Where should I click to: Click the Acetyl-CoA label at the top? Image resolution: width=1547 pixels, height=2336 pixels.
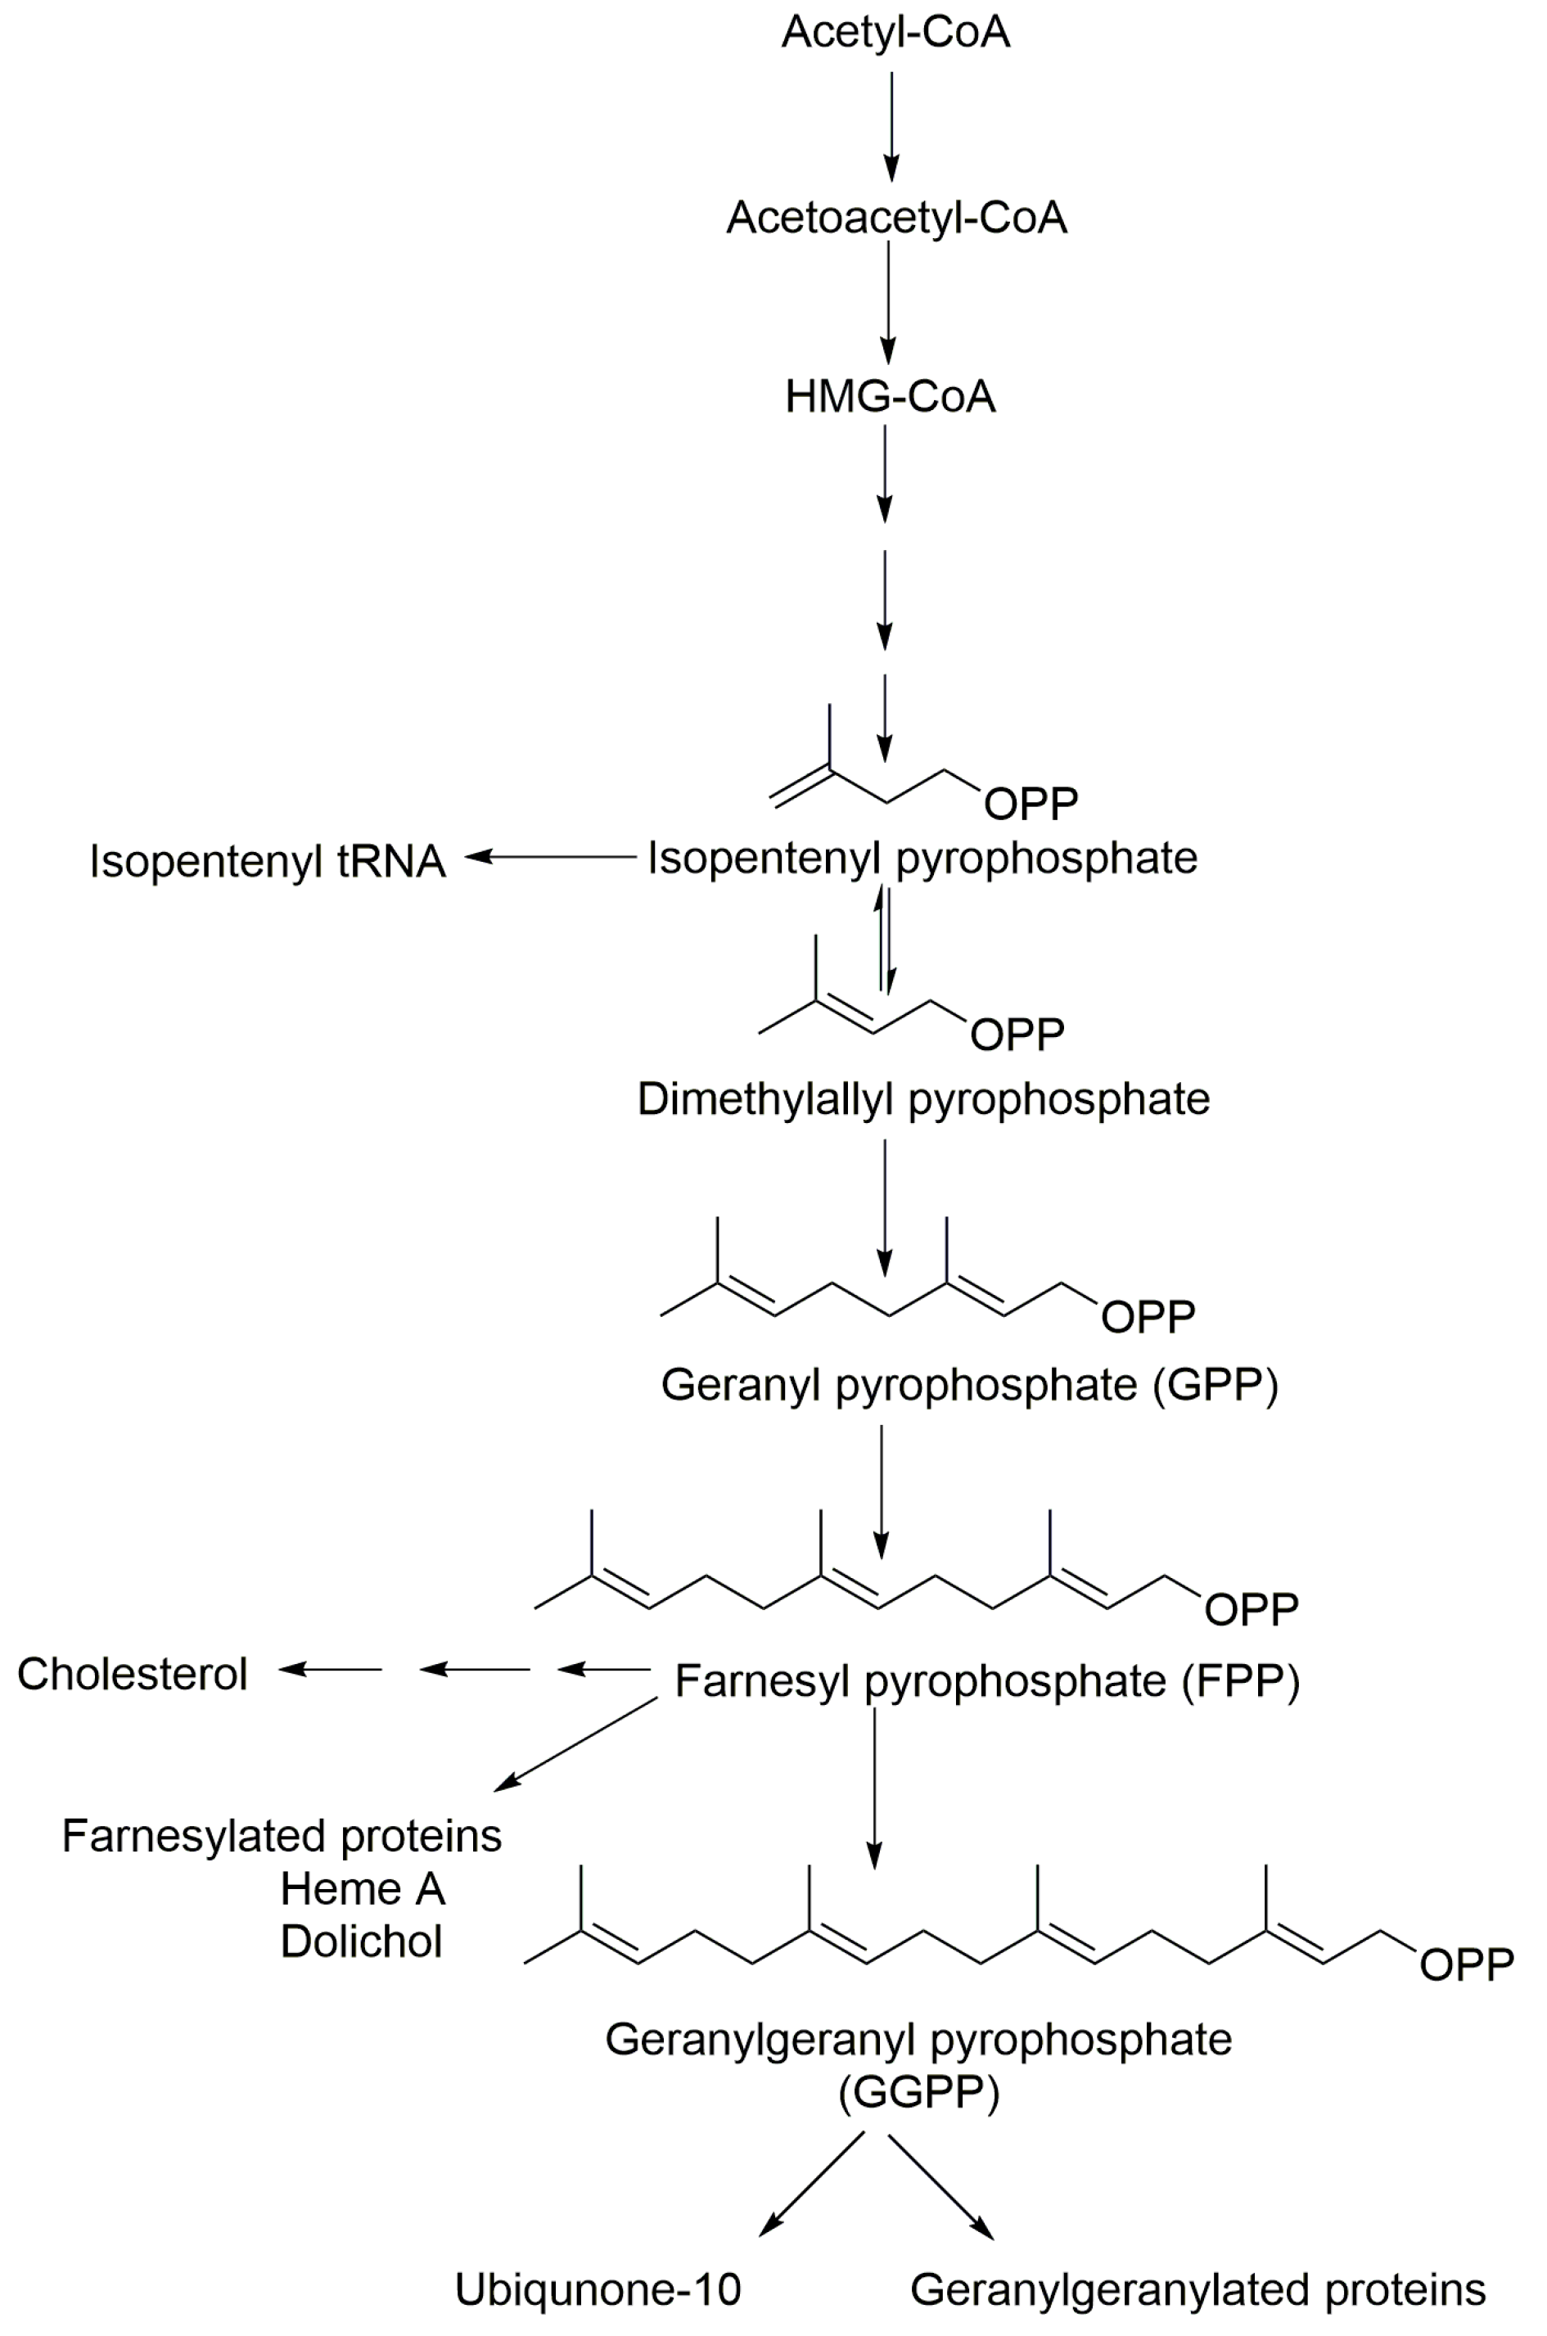coord(895,33)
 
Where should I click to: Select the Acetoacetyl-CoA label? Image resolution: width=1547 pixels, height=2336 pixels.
coord(895,218)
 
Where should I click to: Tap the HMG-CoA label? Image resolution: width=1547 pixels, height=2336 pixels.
coord(890,397)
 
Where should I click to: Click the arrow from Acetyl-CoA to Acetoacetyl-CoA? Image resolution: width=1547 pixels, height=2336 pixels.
coord(892,126)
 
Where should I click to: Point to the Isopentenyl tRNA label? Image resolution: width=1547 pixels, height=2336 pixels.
coord(268,861)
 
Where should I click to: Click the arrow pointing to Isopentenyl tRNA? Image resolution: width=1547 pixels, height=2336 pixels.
coord(551,857)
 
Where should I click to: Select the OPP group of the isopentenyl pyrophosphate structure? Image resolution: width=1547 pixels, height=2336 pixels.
coord(1031,804)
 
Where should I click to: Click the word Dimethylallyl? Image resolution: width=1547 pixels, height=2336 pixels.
coord(764,1099)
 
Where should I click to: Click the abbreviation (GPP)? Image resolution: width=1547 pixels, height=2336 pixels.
coord(1215,1385)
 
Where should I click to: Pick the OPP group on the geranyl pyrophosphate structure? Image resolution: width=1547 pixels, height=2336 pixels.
coord(1148,1317)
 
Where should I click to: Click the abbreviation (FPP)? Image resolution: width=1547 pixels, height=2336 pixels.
coord(1240,1681)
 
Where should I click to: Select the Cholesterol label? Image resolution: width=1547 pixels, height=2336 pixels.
coord(133,1674)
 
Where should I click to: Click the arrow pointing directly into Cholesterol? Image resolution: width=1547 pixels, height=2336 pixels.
coord(331,1669)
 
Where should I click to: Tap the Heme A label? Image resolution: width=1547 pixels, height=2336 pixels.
coord(362,1889)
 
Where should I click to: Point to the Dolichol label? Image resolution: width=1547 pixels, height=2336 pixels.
coord(361,1941)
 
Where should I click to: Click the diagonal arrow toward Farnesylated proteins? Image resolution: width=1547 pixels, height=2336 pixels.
coord(575,1743)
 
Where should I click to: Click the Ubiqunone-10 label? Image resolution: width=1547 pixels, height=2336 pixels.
coord(597,2289)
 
